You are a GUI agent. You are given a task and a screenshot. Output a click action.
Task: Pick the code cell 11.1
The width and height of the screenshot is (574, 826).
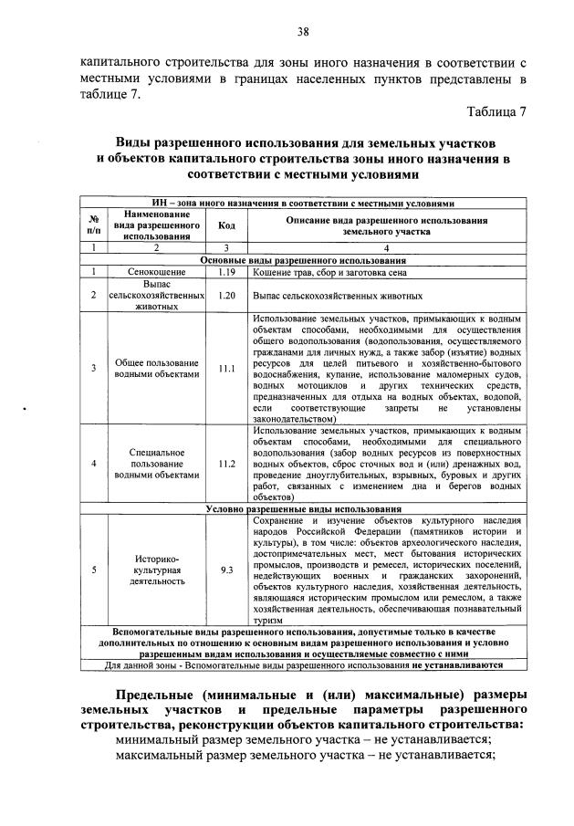pyautogui.click(x=227, y=369)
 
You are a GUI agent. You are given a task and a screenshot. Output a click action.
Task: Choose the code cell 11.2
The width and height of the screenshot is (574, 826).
pyautogui.click(x=227, y=464)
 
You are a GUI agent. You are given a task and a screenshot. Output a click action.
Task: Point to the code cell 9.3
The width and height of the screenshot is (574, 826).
pyautogui.click(x=227, y=570)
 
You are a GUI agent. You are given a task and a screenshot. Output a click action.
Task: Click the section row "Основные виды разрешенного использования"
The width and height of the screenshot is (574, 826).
pyautogui.click(x=303, y=260)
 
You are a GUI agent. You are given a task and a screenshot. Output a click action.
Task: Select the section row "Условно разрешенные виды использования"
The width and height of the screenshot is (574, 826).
pyautogui.click(x=303, y=508)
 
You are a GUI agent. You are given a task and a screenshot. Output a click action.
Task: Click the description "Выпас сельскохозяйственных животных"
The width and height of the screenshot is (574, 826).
pyautogui.click(x=338, y=297)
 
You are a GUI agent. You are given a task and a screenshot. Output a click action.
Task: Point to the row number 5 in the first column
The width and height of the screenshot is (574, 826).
pyautogui.click(x=93, y=570)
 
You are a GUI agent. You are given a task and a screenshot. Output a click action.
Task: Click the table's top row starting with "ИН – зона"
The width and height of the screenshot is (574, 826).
pyautogui.click(x=303, y=203)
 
